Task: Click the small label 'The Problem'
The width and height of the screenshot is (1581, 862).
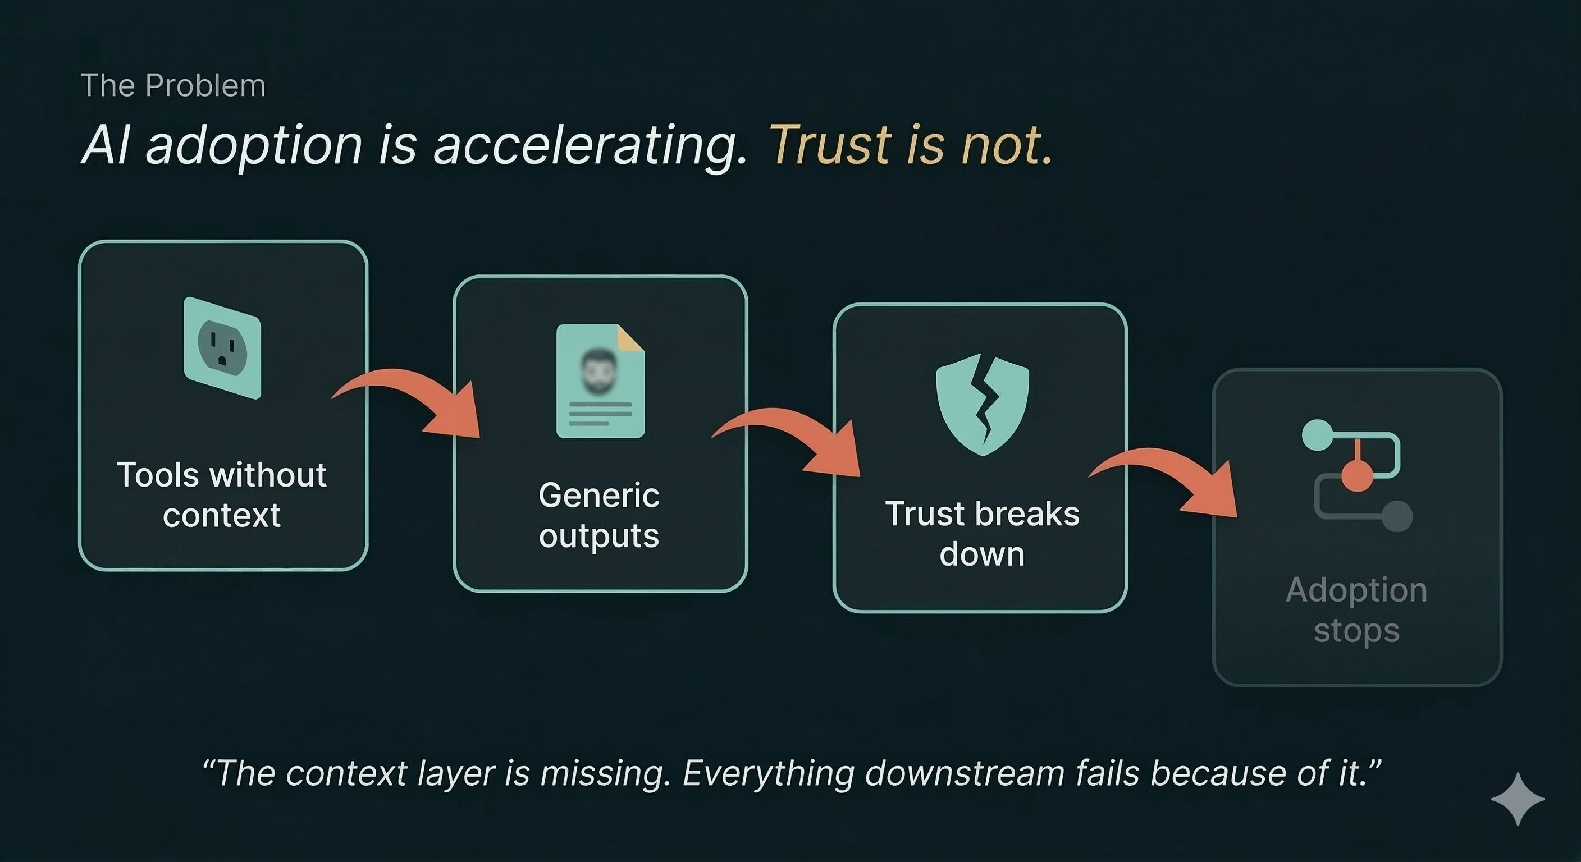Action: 173,85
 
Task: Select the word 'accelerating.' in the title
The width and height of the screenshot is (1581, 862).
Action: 590,146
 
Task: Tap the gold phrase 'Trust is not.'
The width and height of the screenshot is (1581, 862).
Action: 911,146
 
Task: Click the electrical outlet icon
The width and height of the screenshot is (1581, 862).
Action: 222,348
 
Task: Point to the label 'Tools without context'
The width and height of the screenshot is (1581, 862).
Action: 222,494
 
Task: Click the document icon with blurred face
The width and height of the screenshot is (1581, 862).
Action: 600,381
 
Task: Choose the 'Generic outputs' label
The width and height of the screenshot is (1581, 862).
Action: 599,515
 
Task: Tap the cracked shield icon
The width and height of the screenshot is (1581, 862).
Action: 982,404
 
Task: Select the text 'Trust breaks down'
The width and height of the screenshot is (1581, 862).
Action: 981,533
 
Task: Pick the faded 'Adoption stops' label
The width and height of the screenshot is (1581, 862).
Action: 1356,610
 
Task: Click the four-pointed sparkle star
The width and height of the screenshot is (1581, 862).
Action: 1518,799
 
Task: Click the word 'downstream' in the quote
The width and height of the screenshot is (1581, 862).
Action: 965,773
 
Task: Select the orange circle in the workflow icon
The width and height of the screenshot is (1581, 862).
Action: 1356,476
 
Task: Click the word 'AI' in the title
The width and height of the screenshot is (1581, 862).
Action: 106,146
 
